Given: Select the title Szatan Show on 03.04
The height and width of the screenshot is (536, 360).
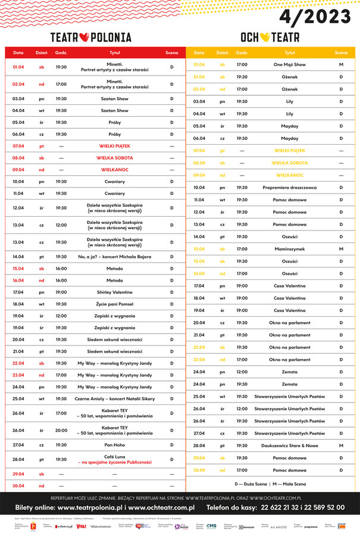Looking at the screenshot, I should (114, 99).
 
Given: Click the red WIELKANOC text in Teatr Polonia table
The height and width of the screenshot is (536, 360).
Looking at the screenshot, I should (114, 170).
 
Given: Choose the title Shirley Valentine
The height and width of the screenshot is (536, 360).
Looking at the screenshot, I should (114, 292).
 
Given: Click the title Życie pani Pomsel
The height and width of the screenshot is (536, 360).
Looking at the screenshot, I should (114, 304).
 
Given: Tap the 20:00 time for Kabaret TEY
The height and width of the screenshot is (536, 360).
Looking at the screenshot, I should (61, 430).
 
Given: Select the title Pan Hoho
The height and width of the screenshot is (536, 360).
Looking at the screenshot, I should (114, 445).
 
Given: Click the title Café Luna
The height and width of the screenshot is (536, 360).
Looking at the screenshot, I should (114, 456).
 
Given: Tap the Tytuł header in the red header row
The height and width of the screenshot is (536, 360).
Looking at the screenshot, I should (114, 52).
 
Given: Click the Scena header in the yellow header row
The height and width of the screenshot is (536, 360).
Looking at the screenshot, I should (341, 52).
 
